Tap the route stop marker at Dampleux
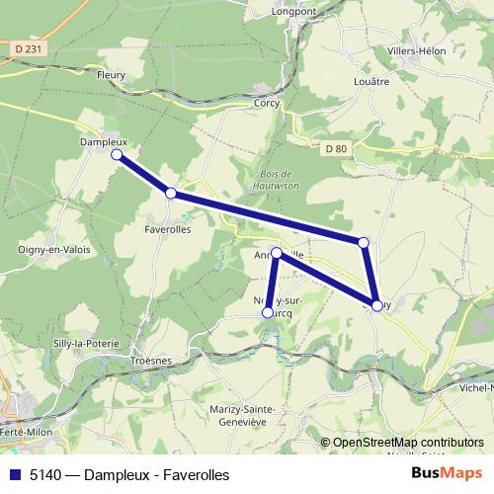[117, 155]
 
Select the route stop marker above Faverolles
[171, 194]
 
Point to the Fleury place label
[111, 73]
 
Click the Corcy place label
[267, 103]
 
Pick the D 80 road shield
[336, 148]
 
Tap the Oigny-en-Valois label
[54, 250]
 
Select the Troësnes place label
[151, 362]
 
